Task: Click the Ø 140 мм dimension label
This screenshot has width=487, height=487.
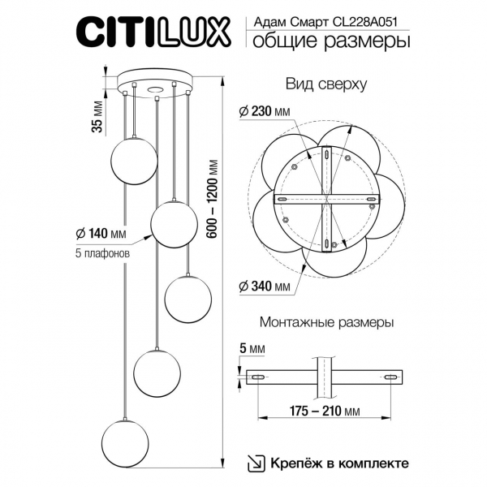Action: click(x=101, y=234)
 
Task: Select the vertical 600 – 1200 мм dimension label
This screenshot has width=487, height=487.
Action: click(x=213, y=198)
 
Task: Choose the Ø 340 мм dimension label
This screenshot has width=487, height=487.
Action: click(x=265, y=287)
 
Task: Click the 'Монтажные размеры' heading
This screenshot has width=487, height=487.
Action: click(x=326, y=322)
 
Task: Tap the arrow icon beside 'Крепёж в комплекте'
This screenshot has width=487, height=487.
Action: click(x=256, y=463)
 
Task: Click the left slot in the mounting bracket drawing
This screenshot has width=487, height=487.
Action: click(x=257, y=378)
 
